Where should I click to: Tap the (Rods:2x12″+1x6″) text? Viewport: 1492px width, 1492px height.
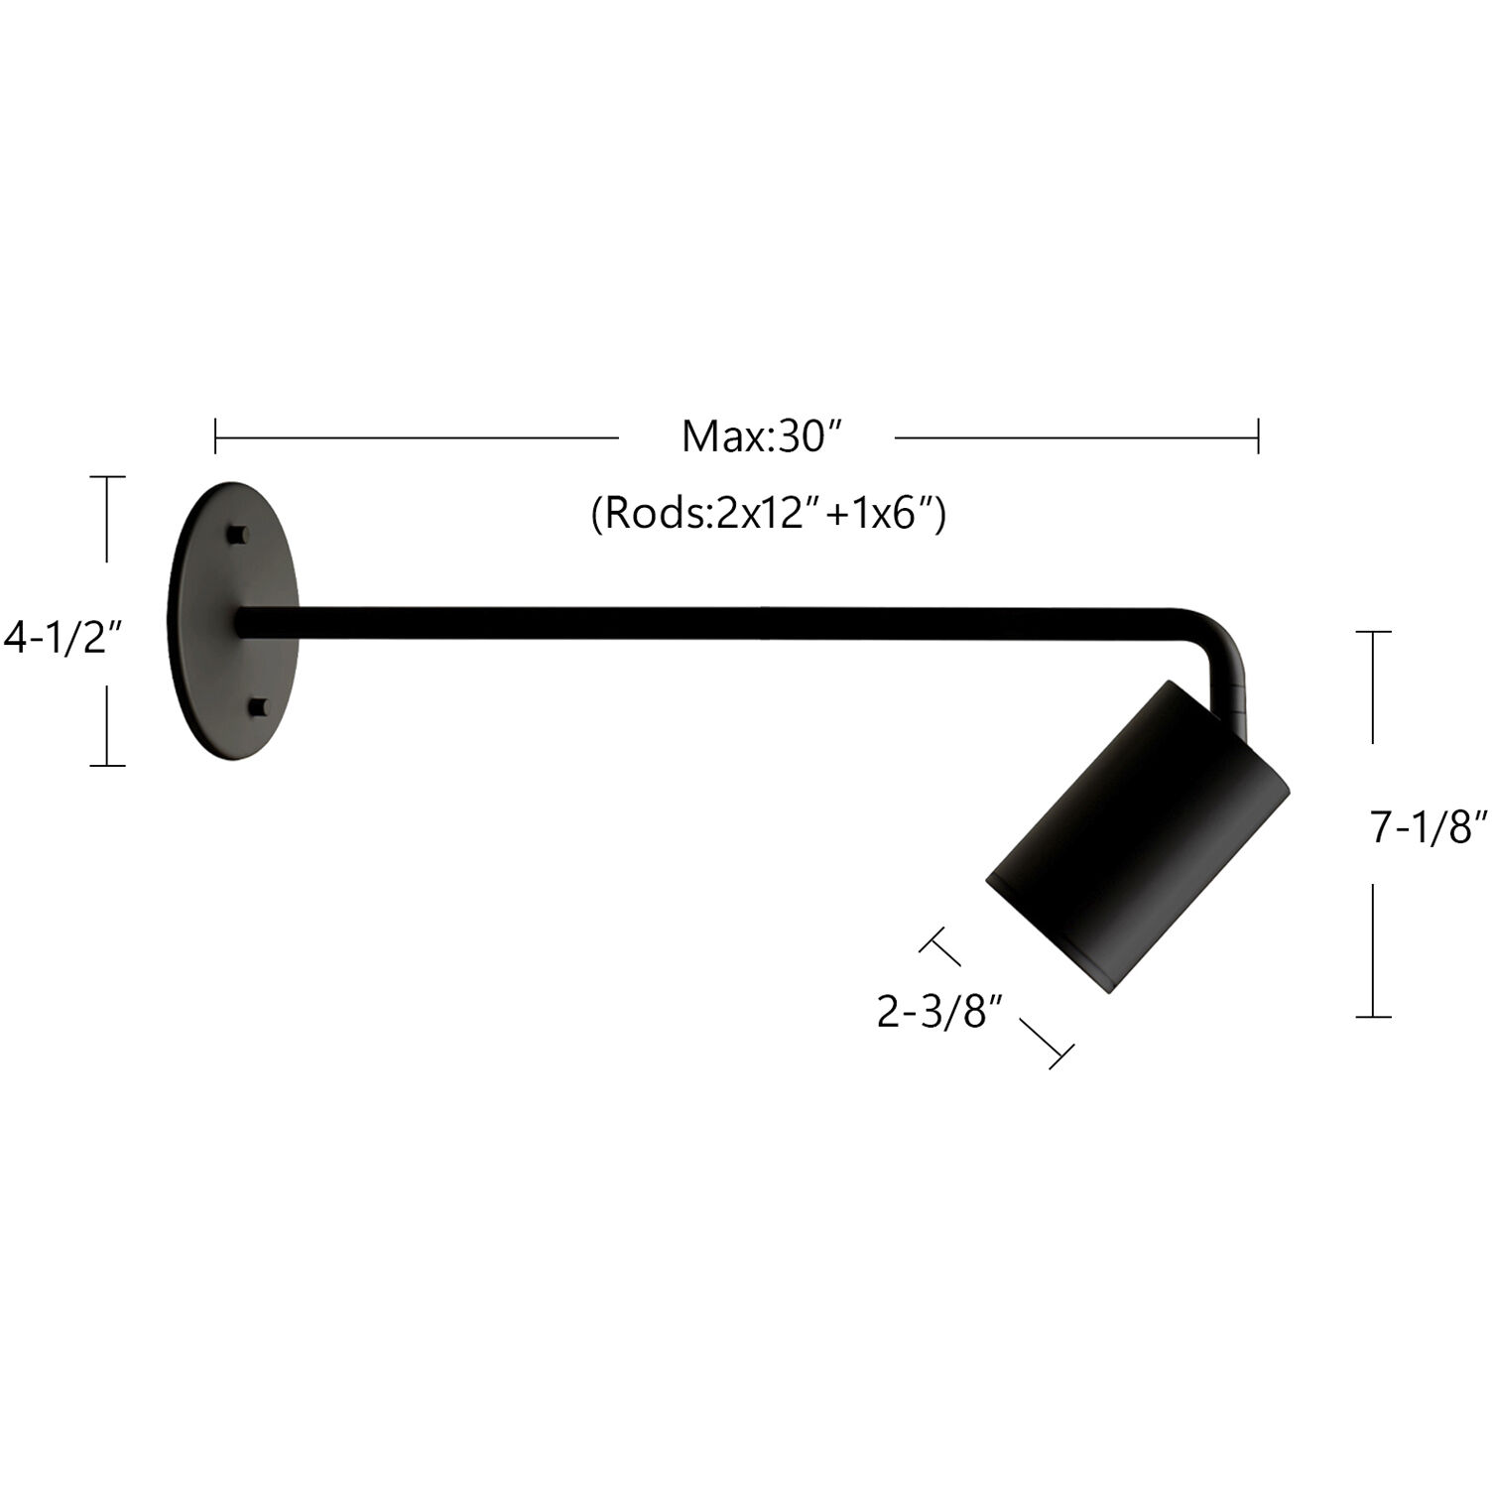(x=768, y=514)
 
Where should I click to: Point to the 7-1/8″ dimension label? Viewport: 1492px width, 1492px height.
(x=1430, y=826)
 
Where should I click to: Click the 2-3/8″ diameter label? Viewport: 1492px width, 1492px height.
(x=935, y=1012)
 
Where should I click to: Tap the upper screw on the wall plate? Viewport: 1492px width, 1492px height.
(x=236, y=534)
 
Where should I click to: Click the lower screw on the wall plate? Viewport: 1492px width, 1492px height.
(x=258, y=706)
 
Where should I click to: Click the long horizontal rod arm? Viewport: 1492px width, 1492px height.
(x=694, y=622)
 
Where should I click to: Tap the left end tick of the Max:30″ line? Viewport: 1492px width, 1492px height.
(x=216, y=436)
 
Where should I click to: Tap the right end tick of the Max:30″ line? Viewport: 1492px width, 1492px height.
(x=1258, y=436)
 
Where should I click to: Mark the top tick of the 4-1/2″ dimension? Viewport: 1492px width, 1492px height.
(x=107, y=477)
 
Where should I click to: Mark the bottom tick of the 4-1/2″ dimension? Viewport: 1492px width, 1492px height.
(x=107, y=765)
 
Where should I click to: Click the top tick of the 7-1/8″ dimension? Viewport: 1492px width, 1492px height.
(x=1373, y=631)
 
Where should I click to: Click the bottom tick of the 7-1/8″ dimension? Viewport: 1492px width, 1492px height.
(x=1373, y=1017)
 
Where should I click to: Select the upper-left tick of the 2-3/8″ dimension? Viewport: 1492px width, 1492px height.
(x=939, y=947)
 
